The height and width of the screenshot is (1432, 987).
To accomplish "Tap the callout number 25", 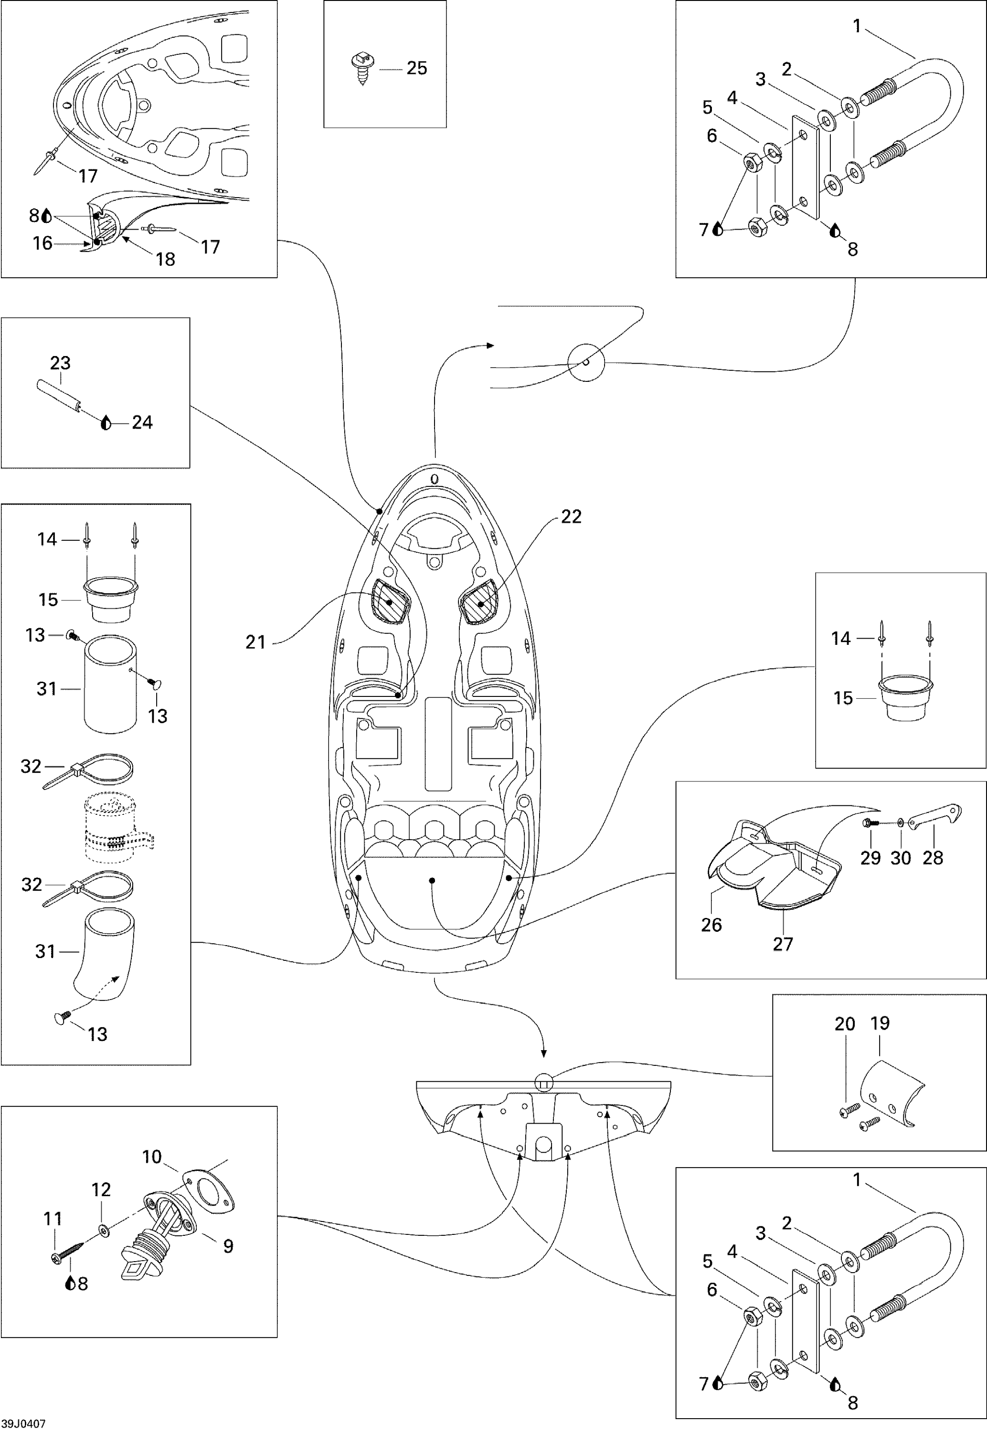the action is (417, 68).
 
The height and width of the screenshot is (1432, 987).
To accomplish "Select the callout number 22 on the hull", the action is (571, 516).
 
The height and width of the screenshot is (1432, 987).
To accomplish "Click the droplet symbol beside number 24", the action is (106, 423).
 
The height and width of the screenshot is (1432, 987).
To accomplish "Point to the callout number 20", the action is (845, 1024).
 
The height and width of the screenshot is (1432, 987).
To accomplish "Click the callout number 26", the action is (711, 925).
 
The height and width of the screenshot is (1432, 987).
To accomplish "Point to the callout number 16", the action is (42, 243).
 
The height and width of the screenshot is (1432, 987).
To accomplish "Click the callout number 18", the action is (165, 259).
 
